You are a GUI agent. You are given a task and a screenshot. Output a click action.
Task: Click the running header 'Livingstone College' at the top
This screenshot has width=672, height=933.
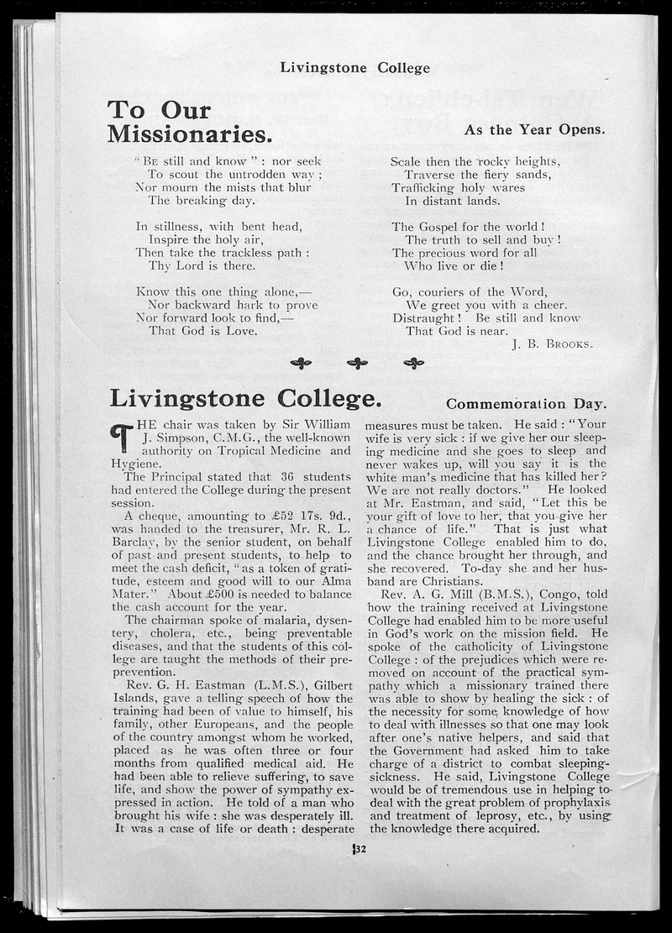pyautogui.click(x=354, y=68)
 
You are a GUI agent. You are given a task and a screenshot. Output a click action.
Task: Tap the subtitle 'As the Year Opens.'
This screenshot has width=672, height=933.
pyautogui.click(x=534, y=129)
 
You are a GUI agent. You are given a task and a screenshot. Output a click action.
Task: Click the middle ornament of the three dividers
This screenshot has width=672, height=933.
pyautogui.click(x=358, y=363)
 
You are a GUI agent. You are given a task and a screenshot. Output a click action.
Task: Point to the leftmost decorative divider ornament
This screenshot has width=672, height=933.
pyautogui.click(x=301, y=363)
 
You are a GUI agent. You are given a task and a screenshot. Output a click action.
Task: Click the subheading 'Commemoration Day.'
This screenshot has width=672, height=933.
pyautogui.click(x=526, y=403)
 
